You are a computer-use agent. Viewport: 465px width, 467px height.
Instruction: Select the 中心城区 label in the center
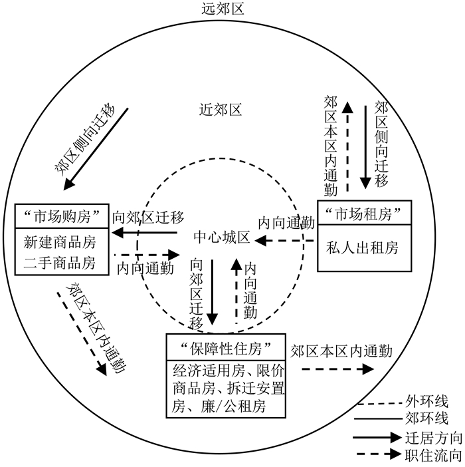221,237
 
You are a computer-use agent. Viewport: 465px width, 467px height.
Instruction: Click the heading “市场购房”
61,215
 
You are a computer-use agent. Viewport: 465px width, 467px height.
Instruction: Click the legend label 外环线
426,401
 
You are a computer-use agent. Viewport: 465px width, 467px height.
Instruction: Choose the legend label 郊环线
426,419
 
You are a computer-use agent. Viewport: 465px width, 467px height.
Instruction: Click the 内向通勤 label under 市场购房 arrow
145,268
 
